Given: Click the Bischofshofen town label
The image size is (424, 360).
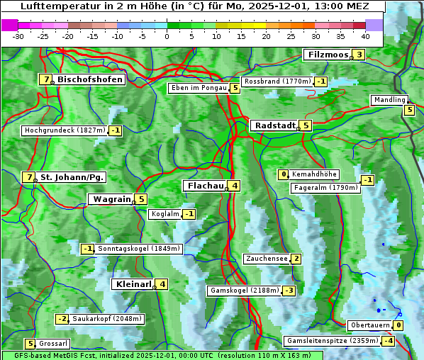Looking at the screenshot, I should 90,79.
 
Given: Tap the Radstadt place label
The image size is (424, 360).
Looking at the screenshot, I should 275,125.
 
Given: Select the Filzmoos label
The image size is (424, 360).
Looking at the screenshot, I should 328,55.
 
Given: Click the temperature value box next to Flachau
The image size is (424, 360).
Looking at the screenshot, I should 235,186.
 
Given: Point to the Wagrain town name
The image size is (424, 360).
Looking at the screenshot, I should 112,199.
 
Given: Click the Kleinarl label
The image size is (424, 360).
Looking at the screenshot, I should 133,284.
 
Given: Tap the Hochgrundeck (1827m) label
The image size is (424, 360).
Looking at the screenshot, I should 65,130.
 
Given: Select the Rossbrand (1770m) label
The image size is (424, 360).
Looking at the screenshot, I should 277,81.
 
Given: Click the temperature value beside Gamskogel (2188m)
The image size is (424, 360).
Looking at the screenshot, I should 289,291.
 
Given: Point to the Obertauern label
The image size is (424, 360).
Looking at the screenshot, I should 371,325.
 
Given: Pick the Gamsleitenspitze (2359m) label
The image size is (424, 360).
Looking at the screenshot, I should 331,341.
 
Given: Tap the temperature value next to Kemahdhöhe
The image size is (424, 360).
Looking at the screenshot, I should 284,174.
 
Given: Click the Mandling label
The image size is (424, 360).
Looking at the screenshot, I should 389,100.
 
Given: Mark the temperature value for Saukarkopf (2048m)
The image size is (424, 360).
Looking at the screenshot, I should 62,319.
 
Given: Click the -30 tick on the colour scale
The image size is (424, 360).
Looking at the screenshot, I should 18,35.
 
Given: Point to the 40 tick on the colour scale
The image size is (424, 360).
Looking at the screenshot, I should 365,35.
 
